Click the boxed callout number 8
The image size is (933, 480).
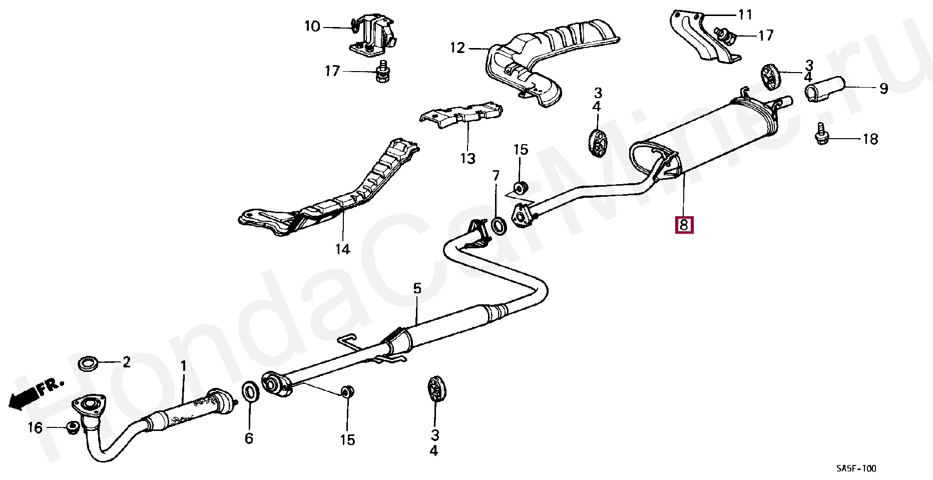pos(684,224)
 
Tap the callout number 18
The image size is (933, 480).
pos(870,139)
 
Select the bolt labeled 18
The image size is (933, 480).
pos(821,133)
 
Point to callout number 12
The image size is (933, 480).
pos(457,48)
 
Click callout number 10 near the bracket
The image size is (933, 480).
pos(312,26)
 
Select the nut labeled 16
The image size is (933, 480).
pos(73,427)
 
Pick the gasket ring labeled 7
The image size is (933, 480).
pos(499,226)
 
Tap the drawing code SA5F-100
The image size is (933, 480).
pos(856,468)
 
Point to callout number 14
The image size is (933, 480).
pos(342,249)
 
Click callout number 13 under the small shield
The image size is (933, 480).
pos(468,159)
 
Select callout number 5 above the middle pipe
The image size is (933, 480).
pos(417,288)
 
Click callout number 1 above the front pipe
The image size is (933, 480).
pos(183,366)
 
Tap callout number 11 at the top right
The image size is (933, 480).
pos(745,15)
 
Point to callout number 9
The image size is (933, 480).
pos(883,89)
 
